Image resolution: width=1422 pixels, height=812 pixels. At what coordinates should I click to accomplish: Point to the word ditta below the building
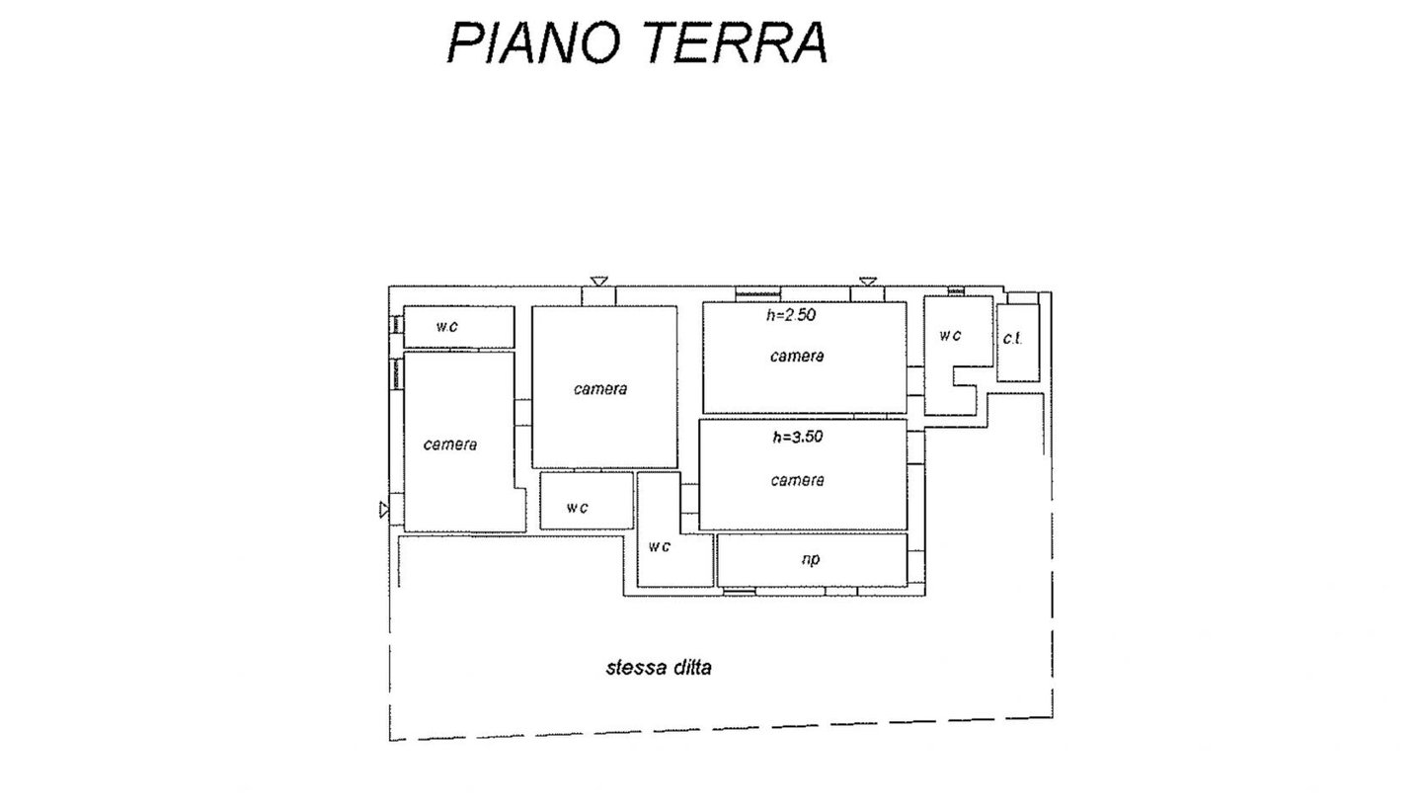(x=691, y=667)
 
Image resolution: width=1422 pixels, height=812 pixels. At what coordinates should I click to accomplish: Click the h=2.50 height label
(x=791, y=316)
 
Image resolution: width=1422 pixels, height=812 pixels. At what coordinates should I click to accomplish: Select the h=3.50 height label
(x=797, y=437)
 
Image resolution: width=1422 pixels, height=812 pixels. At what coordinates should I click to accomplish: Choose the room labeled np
(x=811, y=560)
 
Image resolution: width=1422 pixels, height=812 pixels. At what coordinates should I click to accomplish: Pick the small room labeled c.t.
(x=1015, y=341)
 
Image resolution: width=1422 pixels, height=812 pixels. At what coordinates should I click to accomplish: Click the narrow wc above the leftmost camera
(x=458, y=327)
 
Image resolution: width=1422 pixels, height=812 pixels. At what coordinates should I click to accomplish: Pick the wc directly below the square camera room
(x=585, y=501)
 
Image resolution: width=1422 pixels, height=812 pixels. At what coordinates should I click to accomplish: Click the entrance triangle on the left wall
(x=384, y=510)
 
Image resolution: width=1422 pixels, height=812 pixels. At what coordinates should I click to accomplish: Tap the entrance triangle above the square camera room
(x=598, y=282)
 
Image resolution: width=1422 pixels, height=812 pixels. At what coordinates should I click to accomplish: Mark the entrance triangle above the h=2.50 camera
(x=867, y=282)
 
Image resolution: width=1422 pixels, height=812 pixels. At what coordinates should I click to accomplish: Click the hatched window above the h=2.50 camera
(x=758, y=292)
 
